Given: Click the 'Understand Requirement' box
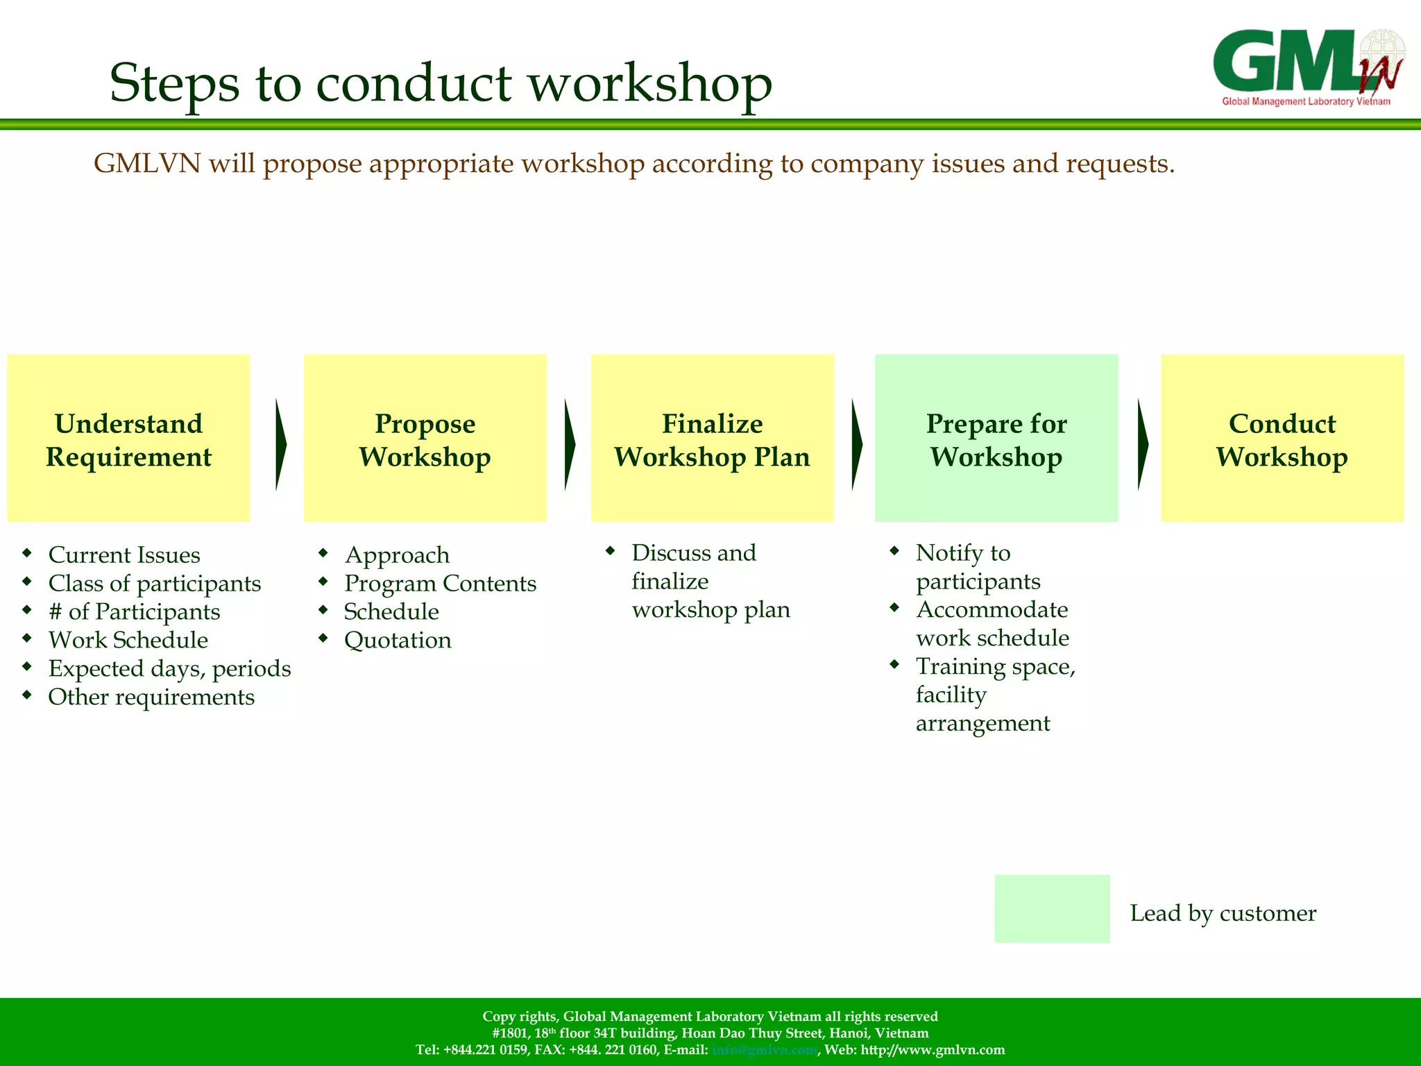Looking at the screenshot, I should pos(128,439).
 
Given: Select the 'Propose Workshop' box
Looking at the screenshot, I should pos(425,439).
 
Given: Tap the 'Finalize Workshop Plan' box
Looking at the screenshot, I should pos(712,439).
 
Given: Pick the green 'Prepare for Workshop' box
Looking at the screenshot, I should pos(996,439).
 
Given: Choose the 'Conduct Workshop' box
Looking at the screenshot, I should pos(1282,439).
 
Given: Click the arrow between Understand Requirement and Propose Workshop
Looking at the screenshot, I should pos(280,444).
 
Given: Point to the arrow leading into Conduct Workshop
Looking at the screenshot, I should pos(1143,444).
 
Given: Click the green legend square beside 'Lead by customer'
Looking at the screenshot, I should pos(1052,908).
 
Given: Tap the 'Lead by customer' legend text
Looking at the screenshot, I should pos(1223,913).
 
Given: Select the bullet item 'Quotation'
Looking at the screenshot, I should pos(398,640).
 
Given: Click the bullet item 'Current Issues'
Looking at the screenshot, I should pos(124,555).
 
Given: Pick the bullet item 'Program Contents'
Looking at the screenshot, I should pos(440,584).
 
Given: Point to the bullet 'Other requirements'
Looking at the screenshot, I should pos(151,697).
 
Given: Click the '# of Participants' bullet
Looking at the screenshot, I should pos(134,612).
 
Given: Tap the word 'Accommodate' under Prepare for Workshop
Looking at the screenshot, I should pos(992,610).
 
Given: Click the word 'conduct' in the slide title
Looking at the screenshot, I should pos(414,83).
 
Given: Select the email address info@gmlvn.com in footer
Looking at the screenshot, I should pos(764,1050).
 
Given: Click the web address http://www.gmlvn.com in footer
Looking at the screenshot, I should pos(933,1050).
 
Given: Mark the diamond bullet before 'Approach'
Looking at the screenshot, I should pos(323,553).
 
